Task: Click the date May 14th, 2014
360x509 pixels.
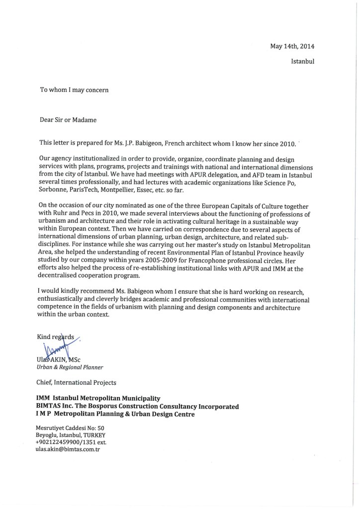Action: pos(292,46)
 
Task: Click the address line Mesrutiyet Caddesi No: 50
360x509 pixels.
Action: pos(70,427)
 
